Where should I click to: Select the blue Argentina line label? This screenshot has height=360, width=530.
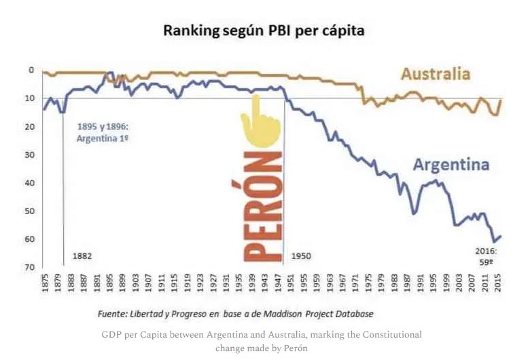point(451,165)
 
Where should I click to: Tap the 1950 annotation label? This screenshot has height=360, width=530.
point(301,256)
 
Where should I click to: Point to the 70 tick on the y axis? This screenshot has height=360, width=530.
point(30,268)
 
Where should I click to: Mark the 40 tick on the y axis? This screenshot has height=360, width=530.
point(30,183)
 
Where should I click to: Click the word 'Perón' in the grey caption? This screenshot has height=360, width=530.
point(285,348)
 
